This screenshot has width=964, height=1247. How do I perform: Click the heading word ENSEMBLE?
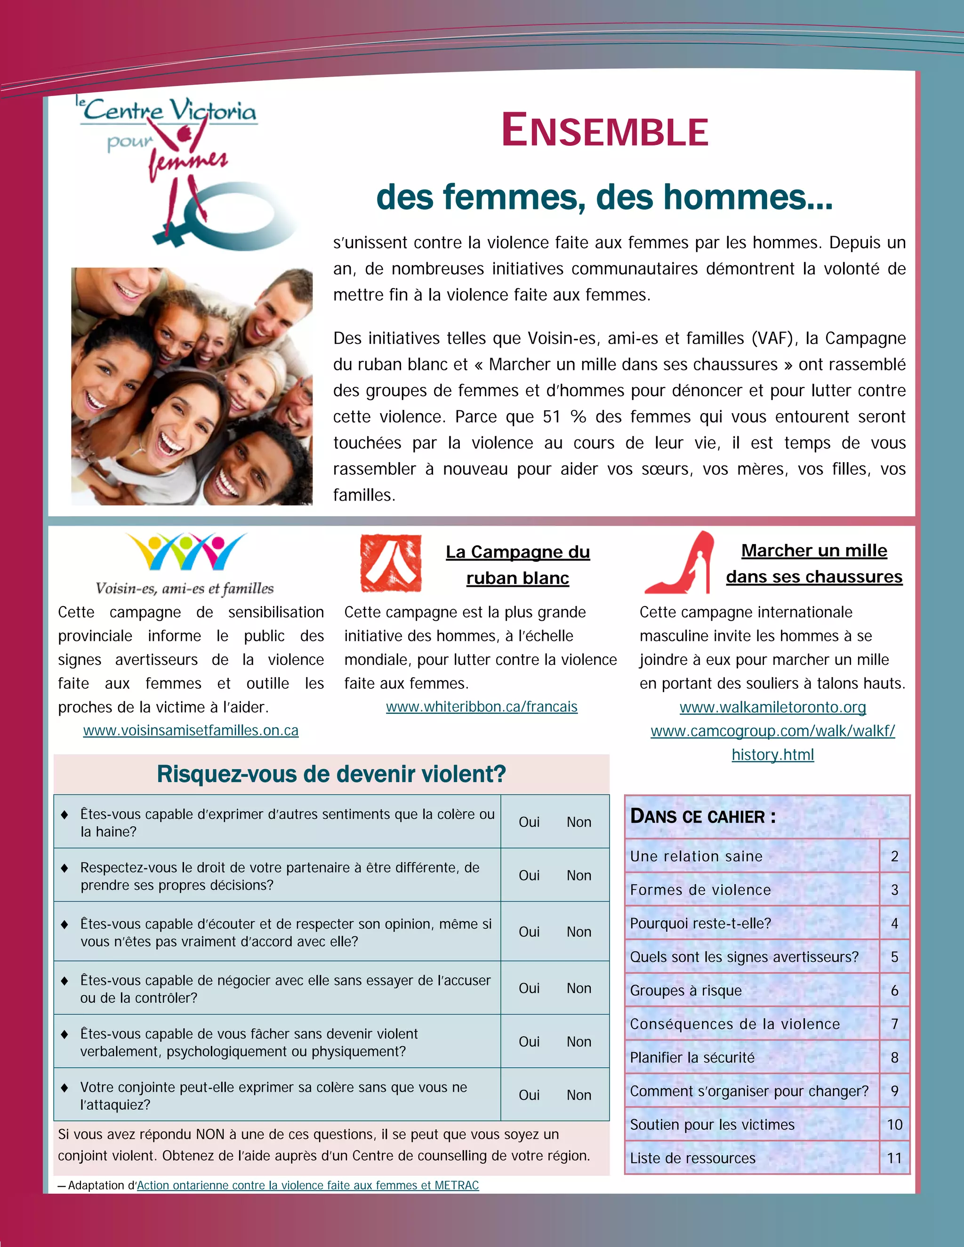tap(605, 131)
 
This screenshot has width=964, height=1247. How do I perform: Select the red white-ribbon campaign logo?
tap(391, 563)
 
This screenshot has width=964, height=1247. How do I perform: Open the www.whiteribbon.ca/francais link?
tap(482, 707)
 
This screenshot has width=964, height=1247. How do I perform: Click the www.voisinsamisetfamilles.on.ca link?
tap(191, 730)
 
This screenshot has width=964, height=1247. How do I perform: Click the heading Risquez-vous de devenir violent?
tap(331, 774)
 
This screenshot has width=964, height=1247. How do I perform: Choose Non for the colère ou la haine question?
tap(578, 822)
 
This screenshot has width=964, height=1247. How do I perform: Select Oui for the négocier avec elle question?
tap(529, 988)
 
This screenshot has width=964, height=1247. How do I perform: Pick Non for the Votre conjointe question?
tap(578, 1095)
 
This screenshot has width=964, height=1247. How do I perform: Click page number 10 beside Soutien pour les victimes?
tap(894, 1124)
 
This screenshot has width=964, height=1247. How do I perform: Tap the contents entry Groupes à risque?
tap(686, 991)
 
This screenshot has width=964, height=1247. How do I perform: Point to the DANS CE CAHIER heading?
tap(702, 816)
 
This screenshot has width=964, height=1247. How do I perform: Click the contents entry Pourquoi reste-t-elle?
tap(700, 923)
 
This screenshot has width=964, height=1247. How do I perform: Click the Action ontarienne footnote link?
tap(307, 1185)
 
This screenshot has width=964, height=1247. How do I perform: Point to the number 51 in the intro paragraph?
tap(552, 417)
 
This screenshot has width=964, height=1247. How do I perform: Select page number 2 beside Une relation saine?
tap(894, 856)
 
